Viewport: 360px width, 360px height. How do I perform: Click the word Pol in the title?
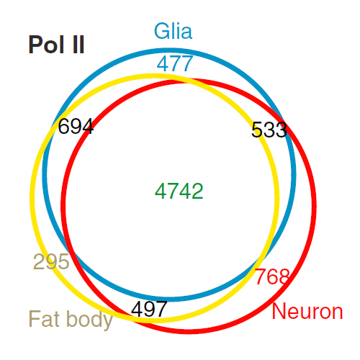click(47, 45)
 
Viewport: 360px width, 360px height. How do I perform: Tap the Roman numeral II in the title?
click(78, 45)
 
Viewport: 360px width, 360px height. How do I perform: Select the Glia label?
click(173, 31)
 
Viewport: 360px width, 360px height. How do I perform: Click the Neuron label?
click(307, 311)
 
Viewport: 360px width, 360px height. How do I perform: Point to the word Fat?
click(45, 318)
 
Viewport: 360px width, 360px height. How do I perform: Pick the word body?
click(89, 320)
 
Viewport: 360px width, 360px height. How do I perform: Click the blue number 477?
click(175, 63)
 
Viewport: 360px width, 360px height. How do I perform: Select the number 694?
click(76, 126)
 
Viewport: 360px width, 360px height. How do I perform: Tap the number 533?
click(269, 130)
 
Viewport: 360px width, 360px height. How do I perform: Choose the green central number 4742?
click(179, 191)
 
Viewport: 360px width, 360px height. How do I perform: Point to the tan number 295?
click(51, 261)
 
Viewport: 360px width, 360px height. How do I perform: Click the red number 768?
click(272, 276)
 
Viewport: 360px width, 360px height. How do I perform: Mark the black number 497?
click(149, 309)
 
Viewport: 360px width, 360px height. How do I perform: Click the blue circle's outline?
click(169, 50)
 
